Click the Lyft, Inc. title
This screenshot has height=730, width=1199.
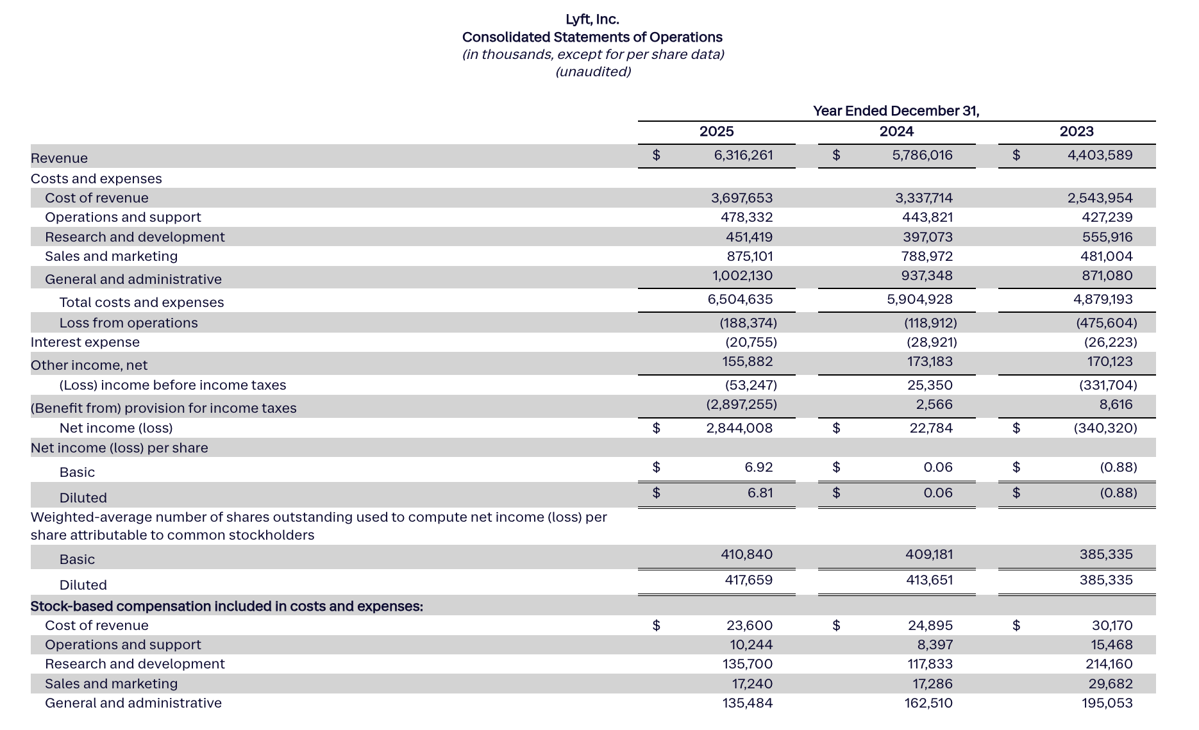coord(592,19)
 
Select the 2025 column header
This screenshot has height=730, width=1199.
coord(716,131)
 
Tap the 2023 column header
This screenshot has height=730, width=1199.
coord(1076,131)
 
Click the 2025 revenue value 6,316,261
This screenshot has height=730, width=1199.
coord(743,155)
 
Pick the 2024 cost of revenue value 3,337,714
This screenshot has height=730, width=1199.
coord(923,198)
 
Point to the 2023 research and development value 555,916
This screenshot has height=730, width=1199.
coord(1107,237)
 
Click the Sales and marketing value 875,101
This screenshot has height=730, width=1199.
coord(746,256)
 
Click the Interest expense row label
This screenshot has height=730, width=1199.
coord(85,342)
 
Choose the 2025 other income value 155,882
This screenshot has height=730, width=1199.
coord(747,361)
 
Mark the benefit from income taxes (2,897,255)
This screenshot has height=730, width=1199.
coord(741,404)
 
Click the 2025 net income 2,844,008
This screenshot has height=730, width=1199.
coord(739,428)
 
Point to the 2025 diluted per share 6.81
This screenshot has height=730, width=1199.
coord(760,493)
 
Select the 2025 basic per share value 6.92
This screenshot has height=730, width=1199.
coord(759,467)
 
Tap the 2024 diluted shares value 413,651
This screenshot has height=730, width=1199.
coord(928,580)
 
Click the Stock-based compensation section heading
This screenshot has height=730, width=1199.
coord(226,606)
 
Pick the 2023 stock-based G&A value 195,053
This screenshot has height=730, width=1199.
coord(1107,703)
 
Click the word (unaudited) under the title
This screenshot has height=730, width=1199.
coord(592,72)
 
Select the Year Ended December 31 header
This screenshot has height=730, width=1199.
coord(896,111)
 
